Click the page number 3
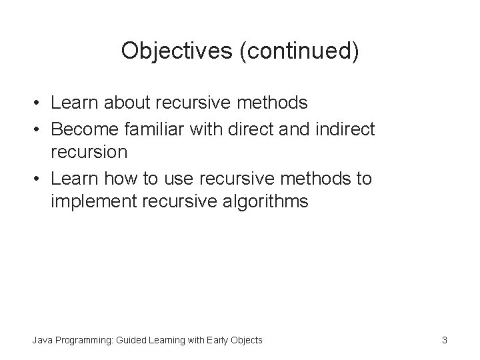[444, 341]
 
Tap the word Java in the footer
[41, 341]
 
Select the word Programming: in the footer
[87, 341]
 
